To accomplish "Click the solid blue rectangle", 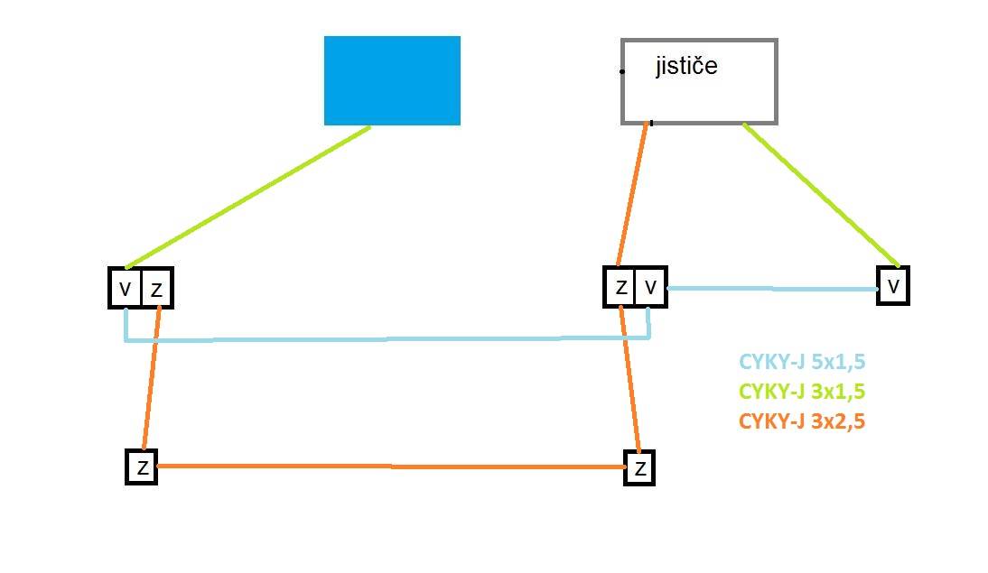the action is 392,80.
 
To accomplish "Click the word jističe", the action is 686,66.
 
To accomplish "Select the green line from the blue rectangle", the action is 247,198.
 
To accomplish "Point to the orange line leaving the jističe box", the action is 632,195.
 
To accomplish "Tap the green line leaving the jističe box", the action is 821,195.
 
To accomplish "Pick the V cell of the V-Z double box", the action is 125,289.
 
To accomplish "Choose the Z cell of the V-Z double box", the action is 157,289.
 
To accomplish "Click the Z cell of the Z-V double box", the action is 620,287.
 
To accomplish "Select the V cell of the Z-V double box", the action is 651,287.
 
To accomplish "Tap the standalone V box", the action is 893,286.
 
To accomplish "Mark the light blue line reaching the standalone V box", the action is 772,289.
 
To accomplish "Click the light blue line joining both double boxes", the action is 387,339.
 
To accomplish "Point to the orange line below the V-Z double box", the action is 151,378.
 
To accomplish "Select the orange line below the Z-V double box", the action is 630,379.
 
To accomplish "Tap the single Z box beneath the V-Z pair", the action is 142,467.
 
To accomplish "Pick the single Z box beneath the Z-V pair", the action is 639,467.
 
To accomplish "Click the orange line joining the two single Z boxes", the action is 391,467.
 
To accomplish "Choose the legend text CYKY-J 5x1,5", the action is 802,362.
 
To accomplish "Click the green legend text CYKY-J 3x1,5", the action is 802,391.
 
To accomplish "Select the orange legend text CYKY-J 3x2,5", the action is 802,421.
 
